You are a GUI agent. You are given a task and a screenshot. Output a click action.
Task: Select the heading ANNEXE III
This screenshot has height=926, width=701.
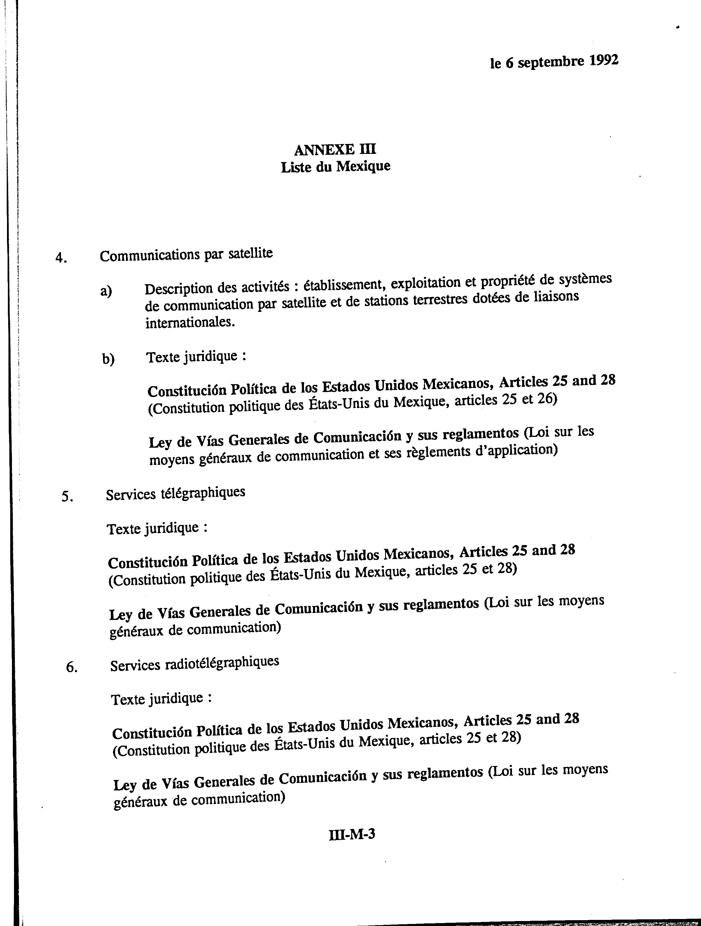tap(335, 150)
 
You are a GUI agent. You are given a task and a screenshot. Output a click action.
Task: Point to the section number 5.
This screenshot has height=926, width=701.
tap(67, 497)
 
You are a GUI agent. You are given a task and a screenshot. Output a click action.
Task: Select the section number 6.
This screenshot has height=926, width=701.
tap(72, 667)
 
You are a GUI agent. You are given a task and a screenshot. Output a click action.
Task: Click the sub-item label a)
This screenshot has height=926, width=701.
tap(106, 291)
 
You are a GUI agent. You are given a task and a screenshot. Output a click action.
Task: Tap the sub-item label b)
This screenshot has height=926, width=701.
tap(108, 359)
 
